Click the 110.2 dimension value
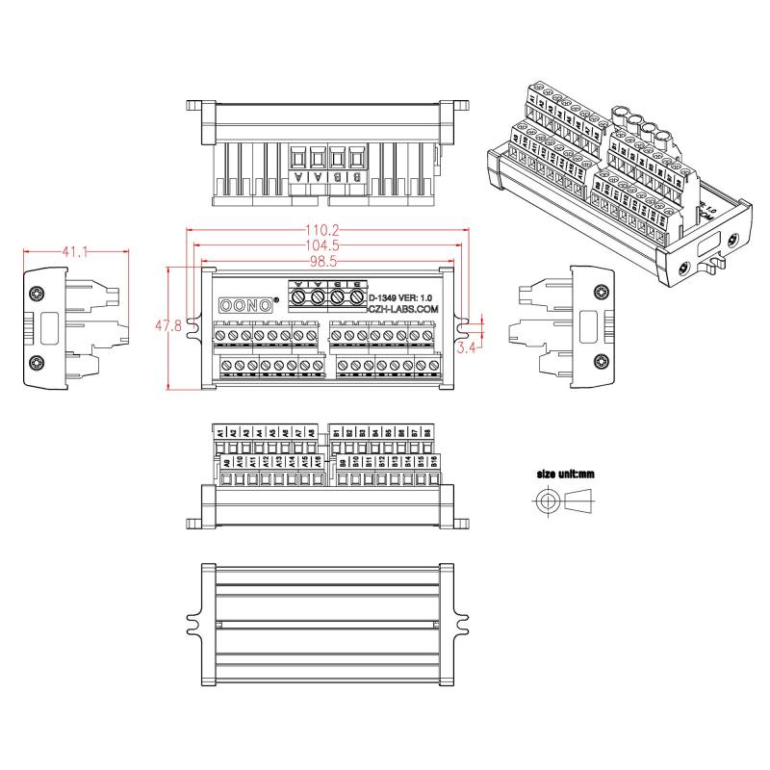[322, 231]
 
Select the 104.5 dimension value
[322, 246]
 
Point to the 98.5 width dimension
[322, 262]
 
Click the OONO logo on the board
[245, 304]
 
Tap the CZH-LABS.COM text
[403, 309]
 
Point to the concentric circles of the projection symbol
[548, 501]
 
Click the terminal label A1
[220, 433]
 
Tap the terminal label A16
[318, 462]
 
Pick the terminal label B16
[435, 462]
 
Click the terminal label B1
[337, 433]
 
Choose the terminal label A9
[227, 462]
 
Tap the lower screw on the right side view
[601, 362]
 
